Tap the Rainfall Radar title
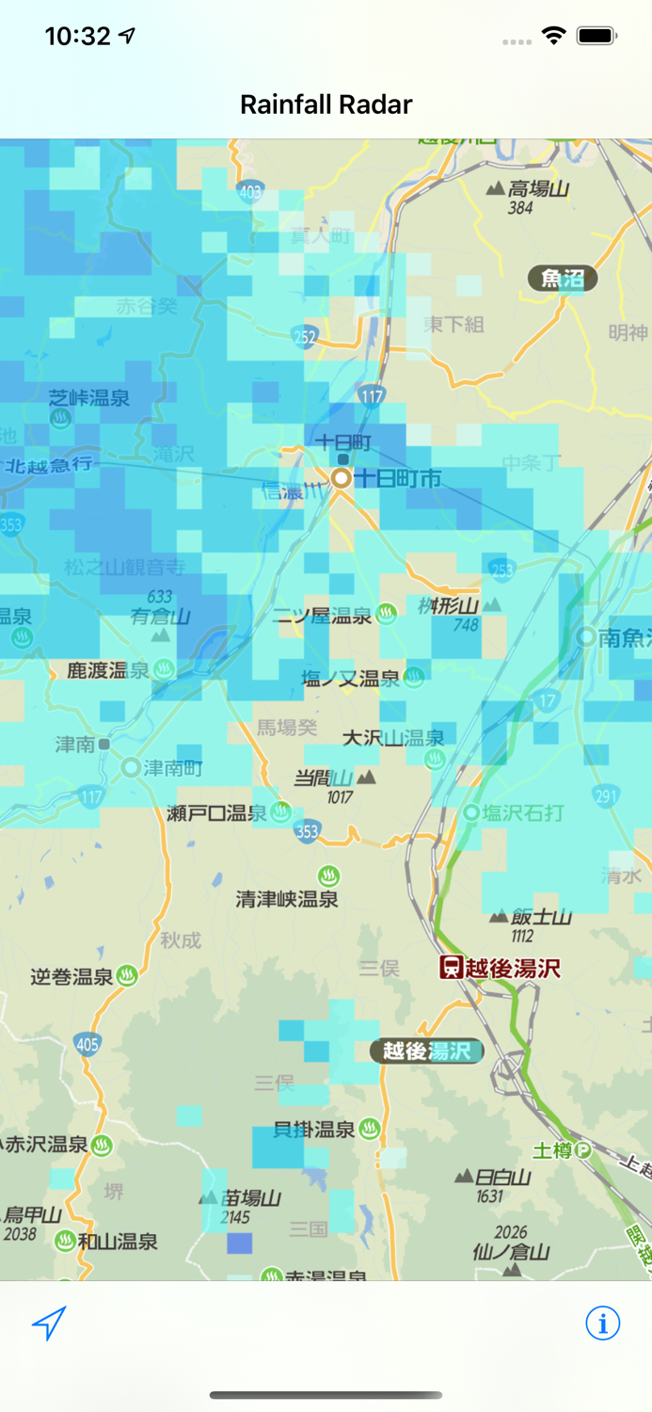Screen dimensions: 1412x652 [x=326, y=104]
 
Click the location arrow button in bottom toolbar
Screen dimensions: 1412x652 [x=49, y=1323]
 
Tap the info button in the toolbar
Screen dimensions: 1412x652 [x=602, y=1323]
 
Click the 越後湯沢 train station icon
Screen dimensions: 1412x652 [x=452, y=967]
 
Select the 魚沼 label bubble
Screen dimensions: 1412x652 [x=563, y=278]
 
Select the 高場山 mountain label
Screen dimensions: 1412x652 [x=538, y=189]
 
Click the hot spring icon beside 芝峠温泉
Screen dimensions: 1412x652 [x=61, y=419]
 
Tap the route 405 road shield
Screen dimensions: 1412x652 [x=87, y=1043]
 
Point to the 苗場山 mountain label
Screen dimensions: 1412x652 [x=251, y=1198]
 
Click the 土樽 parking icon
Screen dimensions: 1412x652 [x=582, y=1149]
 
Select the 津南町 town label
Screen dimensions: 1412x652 [x=173, y=767]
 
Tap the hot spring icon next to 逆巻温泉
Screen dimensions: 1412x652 [x=127, y=976]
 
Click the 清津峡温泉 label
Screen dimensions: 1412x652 [x=287, y=899]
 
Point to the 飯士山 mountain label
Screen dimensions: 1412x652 [x=541, y=917]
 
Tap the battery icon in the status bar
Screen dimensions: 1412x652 [x=596, y=36]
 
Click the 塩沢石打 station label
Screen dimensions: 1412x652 [x=523, y=811]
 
